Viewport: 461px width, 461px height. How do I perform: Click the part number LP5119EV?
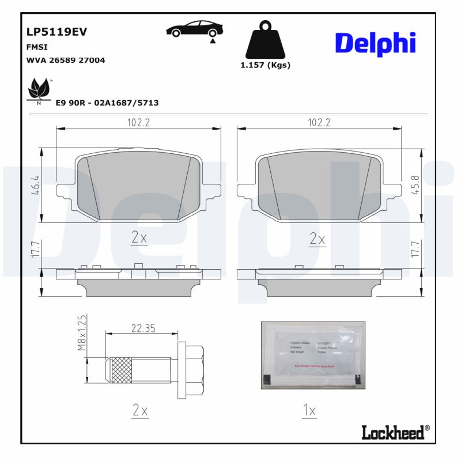pyautogui.click(x=56, y=32)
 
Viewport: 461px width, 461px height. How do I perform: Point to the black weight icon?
pyautogui.click(x=265, y=40)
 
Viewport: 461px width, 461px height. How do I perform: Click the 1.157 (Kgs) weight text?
pyautogui.click(x=265, y=65)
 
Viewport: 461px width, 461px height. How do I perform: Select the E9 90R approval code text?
pyautogui.click(x=107, y=103)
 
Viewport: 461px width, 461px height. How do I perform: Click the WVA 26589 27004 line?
pyautogui.click(x=66, y=60)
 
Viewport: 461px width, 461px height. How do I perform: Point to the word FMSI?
pyautogui.click(x=37, y=47)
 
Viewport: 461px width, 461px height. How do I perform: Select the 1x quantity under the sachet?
pyautogui.click(x=310, y=411)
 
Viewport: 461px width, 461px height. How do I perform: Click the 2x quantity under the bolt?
pyautogui.click(x=141, y=411)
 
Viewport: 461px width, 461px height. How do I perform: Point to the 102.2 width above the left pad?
pyautogui.click(x=138, y=123)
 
